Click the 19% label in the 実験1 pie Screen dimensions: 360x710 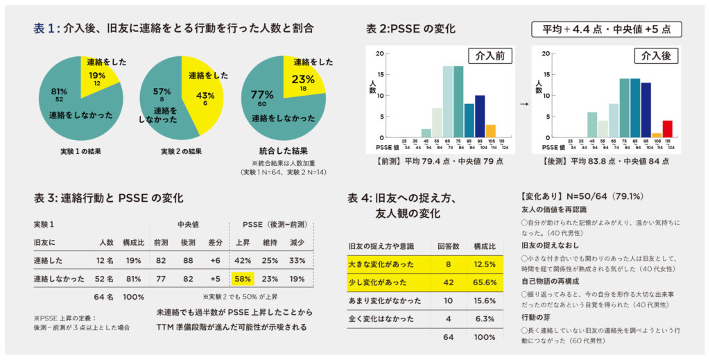point(97,75)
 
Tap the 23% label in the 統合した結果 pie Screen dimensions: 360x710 point(303,78)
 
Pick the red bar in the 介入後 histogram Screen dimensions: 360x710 point(667,129)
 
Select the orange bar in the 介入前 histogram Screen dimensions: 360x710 point(490,131)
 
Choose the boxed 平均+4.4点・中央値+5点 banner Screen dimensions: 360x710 point(607,29)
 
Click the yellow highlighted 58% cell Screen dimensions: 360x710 point(243,278)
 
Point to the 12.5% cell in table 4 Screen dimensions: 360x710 point(484,264)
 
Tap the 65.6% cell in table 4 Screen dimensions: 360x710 point(484,282)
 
